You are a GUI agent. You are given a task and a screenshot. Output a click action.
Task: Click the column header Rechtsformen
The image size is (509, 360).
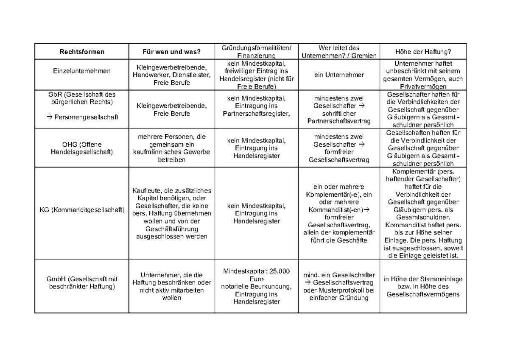point(82,52)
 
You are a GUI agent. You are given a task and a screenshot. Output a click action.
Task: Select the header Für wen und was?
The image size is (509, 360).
point(171,52)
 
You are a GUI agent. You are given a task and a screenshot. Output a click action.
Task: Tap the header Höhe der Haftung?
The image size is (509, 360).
point(423,52)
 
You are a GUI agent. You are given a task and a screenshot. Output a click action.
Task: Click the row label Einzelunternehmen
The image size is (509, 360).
point(82,71)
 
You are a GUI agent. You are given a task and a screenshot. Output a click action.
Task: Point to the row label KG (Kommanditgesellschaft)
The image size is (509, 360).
point(82,209)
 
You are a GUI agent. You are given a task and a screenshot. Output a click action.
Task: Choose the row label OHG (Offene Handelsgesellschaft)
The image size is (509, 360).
point(82,148)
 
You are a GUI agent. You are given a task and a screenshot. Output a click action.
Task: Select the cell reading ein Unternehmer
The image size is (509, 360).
point(339,75)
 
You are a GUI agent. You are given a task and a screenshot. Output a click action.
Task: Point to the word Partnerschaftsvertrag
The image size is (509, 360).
point(339,121)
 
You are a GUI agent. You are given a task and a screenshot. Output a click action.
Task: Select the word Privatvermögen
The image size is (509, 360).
point(423,87)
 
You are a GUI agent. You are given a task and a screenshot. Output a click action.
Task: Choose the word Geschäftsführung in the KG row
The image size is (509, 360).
point(171,229)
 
